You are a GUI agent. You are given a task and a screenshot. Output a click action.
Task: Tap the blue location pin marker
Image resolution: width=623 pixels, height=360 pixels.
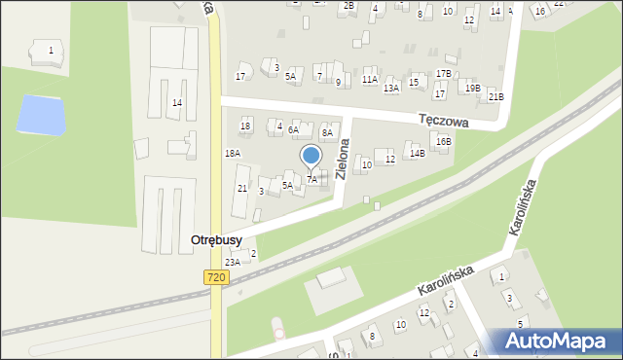click(311, 156)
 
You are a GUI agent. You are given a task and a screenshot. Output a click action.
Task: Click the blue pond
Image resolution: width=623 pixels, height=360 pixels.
click(42, 115)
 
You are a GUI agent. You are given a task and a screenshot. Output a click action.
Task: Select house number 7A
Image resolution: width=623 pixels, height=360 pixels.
click(311, 180)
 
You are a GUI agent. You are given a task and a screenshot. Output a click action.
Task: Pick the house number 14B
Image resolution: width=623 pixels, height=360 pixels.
click(418, 153)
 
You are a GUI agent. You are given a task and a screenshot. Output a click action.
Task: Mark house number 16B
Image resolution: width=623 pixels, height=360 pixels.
click(444, 141)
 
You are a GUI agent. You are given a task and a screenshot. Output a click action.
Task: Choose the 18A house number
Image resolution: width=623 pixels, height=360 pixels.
click(233, 153)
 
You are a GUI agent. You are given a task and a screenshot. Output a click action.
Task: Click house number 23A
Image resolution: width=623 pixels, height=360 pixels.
click(233, 262)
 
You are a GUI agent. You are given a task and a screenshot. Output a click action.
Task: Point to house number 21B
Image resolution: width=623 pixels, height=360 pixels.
click(496, 96)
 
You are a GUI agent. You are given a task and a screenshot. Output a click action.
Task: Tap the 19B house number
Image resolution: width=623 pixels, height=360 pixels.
click(472, 88)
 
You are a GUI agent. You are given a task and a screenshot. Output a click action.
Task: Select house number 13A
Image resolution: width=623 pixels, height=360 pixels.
click(391, 88)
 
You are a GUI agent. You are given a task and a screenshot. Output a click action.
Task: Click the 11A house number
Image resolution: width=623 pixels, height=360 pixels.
click(370, 79)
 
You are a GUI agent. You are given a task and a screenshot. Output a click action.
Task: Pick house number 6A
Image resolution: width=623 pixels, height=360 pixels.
click(293, 128)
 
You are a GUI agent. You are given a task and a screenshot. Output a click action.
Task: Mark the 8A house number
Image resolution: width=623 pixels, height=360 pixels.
click(327, 132)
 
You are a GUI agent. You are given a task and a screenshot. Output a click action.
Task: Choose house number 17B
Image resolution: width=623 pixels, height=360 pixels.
click(443, 73)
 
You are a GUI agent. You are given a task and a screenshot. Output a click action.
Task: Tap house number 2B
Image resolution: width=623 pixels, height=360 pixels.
click(348, 6)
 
